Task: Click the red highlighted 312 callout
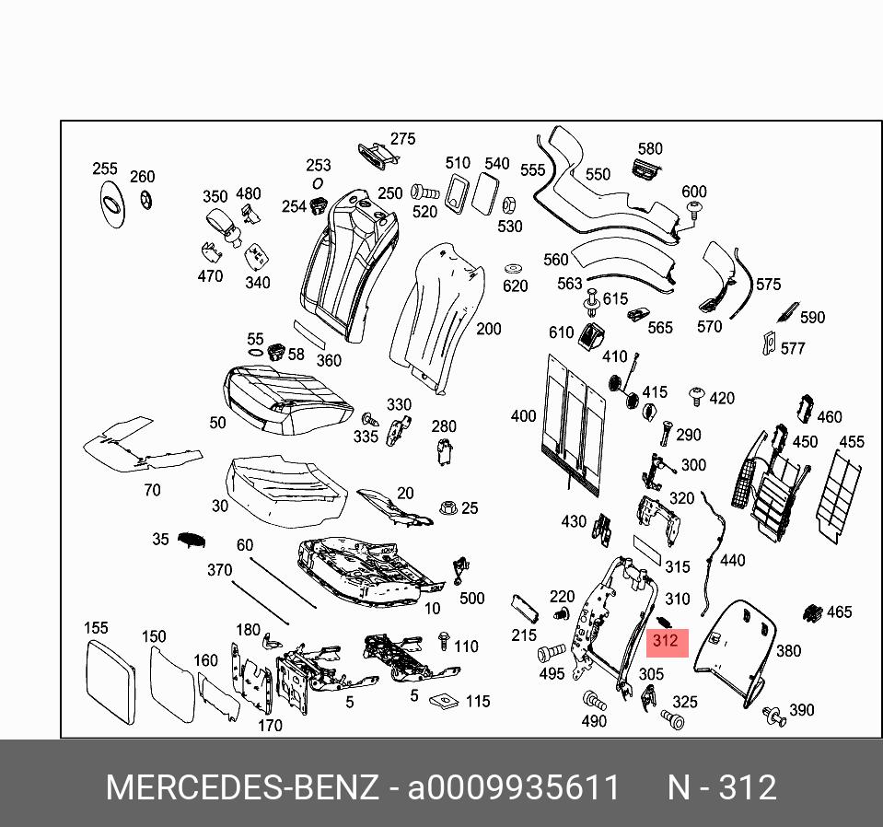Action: (x=665, y=641)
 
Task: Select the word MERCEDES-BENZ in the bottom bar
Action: (x=241, y=788)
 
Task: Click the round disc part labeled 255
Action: (x=111, y=204)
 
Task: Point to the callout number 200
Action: (x=488, y=329)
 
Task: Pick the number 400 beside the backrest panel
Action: (x=523, y=416)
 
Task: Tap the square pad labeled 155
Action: (x=110, y=682)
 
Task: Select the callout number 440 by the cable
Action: (x=732, y=560)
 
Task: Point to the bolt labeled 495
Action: (x=550, y=655)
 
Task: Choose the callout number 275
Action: (x=402, y=139)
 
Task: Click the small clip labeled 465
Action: (x=813, y=612)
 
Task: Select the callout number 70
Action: (x=152, y=490)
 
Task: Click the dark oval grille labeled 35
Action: (x=190, y=541)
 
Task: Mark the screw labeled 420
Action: (x=696, y=397)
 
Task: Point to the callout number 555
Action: (x=532, y=170)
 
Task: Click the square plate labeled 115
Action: (x=445, y=700)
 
